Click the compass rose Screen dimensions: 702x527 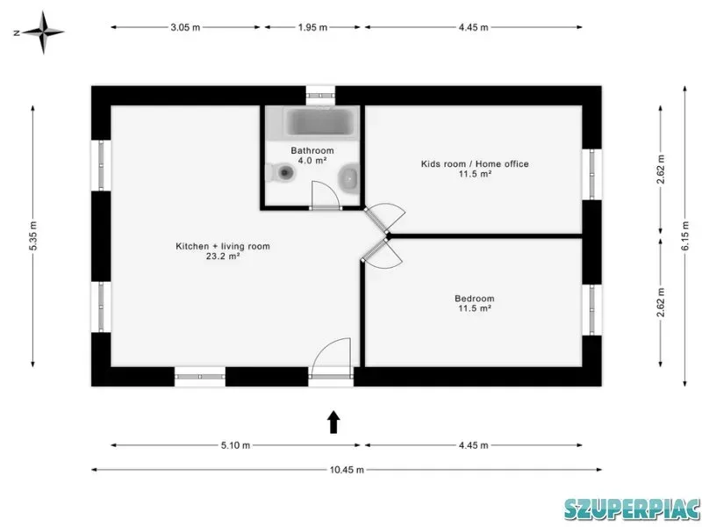(43, 32)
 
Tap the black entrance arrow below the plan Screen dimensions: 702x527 (333, 422)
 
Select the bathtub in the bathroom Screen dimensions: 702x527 (319, 122)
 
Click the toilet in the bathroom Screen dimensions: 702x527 (281, 172)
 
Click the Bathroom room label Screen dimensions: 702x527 (312, 150)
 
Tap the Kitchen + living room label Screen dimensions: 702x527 (223, 246)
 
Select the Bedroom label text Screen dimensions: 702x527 (475, 299)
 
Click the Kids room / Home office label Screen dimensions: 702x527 (475, 164)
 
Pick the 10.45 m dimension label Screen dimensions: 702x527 (347, 470)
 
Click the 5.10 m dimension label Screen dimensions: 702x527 (235, 445)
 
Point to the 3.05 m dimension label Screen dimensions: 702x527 (185, 27)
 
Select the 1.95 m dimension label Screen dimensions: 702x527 (312, 27)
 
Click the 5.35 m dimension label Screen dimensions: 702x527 (33, 235)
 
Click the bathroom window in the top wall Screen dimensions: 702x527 (320, 96)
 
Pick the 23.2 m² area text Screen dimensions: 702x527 (223, 256)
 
